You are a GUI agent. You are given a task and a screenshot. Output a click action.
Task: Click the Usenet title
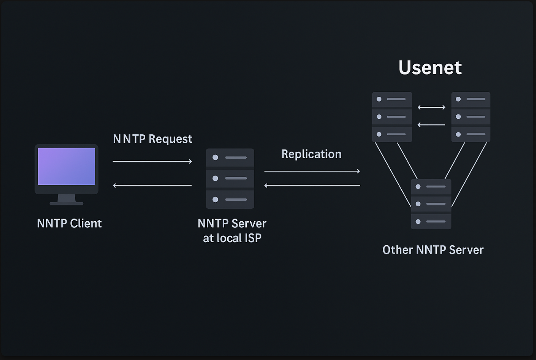[430, 68]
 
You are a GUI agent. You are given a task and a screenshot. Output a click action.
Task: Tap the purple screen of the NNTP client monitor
[66, 166]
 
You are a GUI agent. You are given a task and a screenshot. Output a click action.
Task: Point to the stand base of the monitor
[66, 203]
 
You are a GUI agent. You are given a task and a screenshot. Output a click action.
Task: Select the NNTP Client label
[70, 223]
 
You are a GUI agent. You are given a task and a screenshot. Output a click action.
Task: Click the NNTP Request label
[152, 139]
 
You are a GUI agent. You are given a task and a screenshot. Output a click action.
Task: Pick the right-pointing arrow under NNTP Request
[152, 161]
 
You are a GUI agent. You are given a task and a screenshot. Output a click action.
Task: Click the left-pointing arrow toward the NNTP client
[152, 185]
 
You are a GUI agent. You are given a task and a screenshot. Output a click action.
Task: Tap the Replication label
[311, 154]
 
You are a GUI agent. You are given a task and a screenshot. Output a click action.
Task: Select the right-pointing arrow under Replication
[312, 171]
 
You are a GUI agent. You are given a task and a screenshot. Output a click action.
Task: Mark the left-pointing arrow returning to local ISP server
[312, 185]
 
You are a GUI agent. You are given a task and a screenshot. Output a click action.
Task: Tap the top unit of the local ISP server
[230, 157]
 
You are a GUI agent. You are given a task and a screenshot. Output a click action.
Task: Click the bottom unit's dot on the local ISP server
[215, 200]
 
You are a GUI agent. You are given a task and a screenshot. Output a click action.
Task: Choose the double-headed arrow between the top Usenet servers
[431, 107]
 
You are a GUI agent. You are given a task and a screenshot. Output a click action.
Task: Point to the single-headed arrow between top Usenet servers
[431, 125]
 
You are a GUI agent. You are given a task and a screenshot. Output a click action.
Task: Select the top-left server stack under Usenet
[392, 117]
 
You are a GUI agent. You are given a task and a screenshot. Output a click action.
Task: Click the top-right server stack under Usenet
[471, 117]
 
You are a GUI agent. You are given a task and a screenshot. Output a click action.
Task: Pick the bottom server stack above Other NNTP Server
[431, 204]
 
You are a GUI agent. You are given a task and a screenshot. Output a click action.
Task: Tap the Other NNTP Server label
[433, 250]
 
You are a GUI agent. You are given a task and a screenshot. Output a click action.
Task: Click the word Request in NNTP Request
[171, 139]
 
